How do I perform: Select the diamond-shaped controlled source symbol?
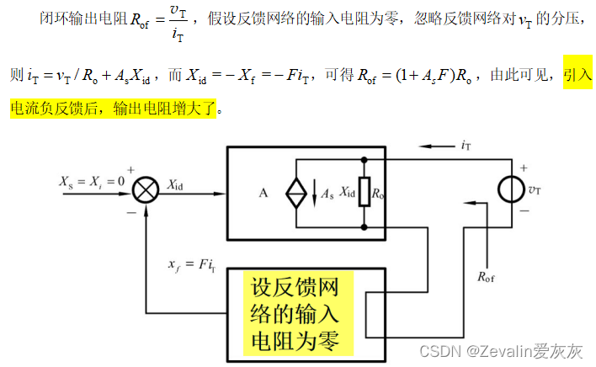(296, 193)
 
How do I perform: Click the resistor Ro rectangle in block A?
(364, 193)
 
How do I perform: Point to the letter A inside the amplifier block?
(263, 193)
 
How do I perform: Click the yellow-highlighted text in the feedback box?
(295, 311)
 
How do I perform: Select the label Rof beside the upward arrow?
(487, 275)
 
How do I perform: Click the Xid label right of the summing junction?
(178, 183)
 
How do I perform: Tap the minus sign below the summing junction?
(132, 212)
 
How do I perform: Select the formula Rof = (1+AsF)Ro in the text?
(404, 75)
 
